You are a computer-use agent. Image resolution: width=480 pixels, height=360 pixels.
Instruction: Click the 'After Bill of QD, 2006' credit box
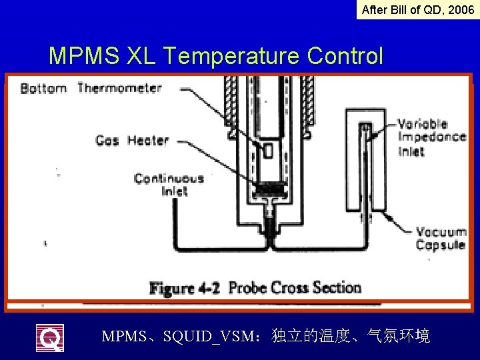point(418,10)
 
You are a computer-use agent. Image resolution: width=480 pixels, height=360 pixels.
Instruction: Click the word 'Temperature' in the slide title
point(233,56)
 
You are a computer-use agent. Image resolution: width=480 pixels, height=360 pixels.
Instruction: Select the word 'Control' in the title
point(345,56)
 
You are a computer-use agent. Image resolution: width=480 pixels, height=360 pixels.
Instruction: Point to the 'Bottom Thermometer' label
point(91,88)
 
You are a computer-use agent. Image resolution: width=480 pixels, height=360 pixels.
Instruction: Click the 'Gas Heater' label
point(132,140)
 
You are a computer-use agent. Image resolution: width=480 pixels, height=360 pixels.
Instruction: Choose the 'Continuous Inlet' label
point(168,185)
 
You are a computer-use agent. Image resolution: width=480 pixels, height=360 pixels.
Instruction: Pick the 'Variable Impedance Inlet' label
point(431,137)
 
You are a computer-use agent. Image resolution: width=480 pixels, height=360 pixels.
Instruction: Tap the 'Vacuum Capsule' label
point(441,238)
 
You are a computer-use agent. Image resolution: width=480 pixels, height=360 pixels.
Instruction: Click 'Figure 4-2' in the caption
point(186,289)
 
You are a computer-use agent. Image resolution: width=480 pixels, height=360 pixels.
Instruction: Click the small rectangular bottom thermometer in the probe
point(268,150)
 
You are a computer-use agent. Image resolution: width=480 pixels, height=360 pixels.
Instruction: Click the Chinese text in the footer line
point(351,336)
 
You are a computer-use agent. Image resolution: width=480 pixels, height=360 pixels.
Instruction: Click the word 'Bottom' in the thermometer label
point(44,88)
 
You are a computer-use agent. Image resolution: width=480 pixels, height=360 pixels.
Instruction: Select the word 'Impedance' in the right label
point(431,137)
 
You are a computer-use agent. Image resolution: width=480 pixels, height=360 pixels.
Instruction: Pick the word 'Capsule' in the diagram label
point(441,245)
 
